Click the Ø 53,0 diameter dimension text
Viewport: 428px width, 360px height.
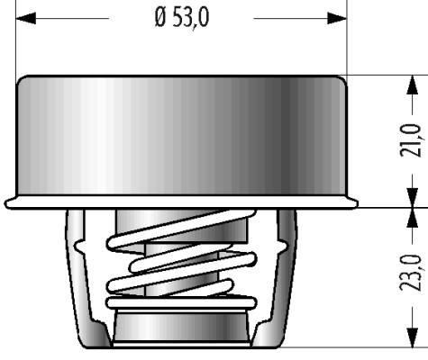coord(182,18)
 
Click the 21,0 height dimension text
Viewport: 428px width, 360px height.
coord(411,140)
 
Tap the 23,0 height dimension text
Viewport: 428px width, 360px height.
coord(411,273)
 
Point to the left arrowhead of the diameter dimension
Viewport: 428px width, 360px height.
coord(25,18)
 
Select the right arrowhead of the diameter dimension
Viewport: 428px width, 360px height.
coord(337,18)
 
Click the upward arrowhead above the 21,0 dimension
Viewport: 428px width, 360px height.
coord(413,85)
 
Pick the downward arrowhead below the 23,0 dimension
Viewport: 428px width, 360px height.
coord(413,337)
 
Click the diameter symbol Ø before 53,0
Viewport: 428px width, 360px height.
coord(160,18)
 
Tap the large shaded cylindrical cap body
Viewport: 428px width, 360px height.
coord(181,136)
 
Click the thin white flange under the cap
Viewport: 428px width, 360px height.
coord(181,202)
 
